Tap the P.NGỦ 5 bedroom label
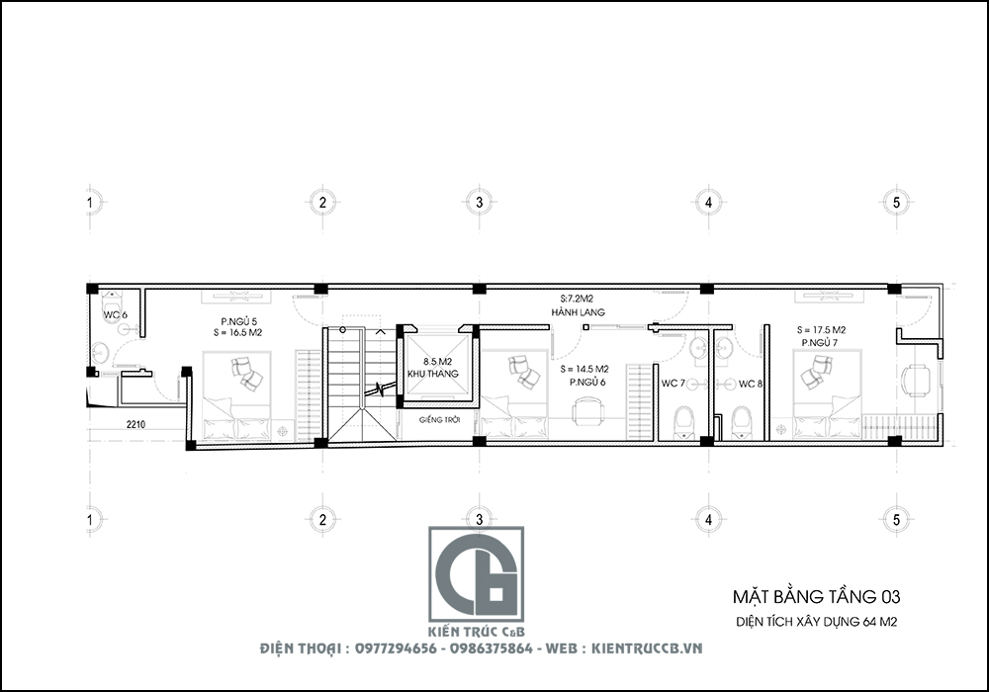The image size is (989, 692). pyautogui.click(x=238, y=321)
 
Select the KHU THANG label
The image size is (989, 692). pyautogui.click(x=428, y=375)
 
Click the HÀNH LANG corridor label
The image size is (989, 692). pyautogui.click(x=579, y=312)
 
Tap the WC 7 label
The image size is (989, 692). pyautogui.click(x=673, y=384)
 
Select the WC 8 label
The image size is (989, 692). pyautogui.click(x=751, y=384)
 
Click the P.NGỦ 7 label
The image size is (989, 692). pyautogui.click(x=821, y=342)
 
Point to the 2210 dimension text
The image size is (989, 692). pyautogui.click(x=135, y=424)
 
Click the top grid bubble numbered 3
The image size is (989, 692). pyautogui.click(x=479, y=202)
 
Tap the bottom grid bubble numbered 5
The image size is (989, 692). pyautogui.click(x=895, y=518)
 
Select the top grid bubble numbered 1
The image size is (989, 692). pyautogui.click(x=90, y=202)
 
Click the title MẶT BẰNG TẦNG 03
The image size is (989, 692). pyautogui.click(x=816, y=596)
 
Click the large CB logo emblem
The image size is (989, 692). pyautogui.click(x=476, y=574)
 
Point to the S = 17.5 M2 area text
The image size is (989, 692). pyautogui.click(x=821, y=329)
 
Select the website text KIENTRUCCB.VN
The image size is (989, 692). pyautogui.click(x=647, y=649)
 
